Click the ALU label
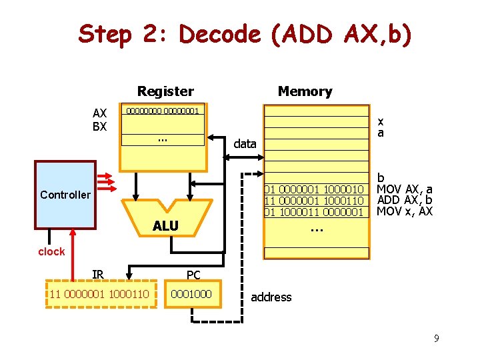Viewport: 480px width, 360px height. [165, 226]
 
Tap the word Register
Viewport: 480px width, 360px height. [165, 91]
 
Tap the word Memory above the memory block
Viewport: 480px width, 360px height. [305, 91]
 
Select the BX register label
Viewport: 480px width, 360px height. [99, 125]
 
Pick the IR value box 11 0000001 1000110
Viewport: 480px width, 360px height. [99, 293]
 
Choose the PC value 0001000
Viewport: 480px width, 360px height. [191, 293]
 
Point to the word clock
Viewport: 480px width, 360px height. [51, 251]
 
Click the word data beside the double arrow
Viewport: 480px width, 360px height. [245, 143]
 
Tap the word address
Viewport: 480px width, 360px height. [271, 297]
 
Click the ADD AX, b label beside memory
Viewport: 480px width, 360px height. [405, 200]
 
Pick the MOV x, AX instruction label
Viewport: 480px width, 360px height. [405, 211]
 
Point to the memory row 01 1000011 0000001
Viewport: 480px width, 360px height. [314, 212]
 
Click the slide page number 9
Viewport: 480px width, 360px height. [436, 339]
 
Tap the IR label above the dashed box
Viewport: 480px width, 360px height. [98, 274]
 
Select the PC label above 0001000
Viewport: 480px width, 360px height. [193, 275]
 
